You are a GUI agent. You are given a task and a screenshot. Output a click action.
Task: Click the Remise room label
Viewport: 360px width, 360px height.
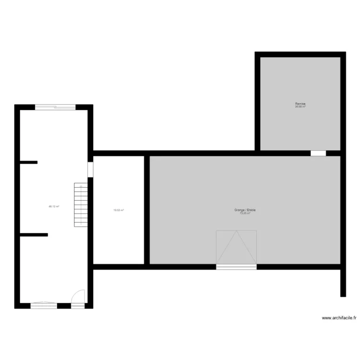coord(300,104)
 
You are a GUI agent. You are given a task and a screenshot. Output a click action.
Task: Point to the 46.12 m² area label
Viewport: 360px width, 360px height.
coord(54,206)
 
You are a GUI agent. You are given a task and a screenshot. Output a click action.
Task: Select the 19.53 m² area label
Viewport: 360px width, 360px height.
coord(119,210)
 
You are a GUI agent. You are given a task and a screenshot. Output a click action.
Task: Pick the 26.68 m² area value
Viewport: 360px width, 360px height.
coord(300,107)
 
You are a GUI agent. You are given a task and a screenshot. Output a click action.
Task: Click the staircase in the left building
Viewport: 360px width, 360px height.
coord(81,205)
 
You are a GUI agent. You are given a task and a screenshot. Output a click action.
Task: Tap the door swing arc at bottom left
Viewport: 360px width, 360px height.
coord(78,296)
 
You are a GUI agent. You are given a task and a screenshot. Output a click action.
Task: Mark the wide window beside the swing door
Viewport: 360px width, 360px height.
coord(44,305)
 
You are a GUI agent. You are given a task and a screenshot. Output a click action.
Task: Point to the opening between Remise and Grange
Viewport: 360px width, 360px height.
coord(318,154)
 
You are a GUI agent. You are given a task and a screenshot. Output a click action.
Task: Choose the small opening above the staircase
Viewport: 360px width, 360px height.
coord(90,169)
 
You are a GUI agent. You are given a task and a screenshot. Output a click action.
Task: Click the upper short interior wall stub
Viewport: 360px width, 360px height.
coord(28,163)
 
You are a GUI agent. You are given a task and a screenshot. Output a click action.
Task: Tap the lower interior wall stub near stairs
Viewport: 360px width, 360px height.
coord(34,235)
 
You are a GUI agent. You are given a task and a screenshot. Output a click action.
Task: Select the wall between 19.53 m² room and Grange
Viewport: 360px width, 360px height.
coord(147,210)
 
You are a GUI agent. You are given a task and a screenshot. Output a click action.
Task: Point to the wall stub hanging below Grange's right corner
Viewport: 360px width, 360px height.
coord(343,283)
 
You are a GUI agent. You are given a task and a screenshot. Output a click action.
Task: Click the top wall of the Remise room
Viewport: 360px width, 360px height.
coord(300,55)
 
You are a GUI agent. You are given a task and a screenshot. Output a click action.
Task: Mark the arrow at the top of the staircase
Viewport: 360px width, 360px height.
coord(81,186)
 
